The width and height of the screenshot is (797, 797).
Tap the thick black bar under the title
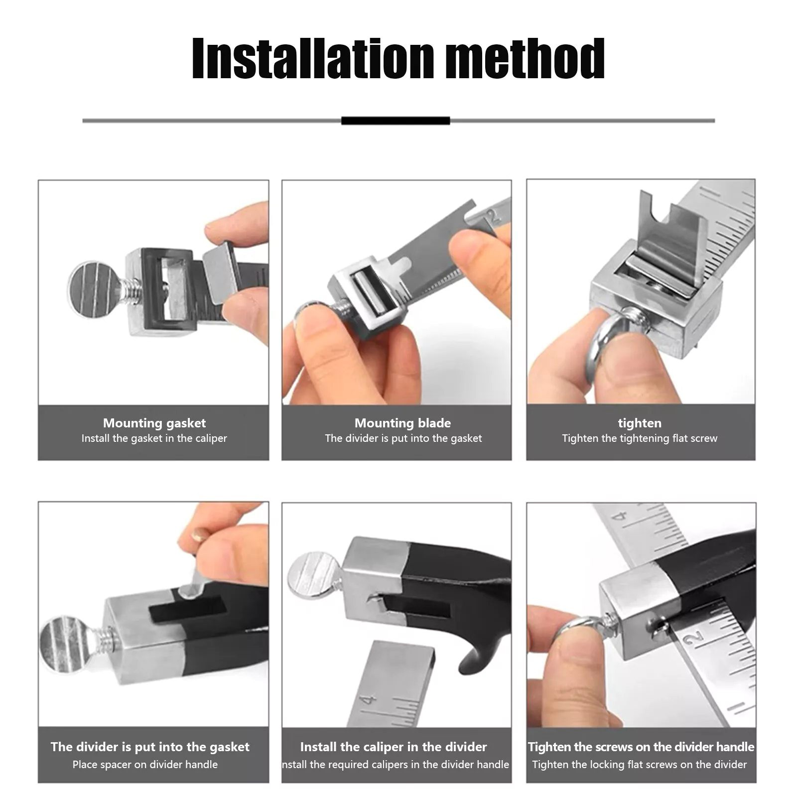click(x=396, y=121)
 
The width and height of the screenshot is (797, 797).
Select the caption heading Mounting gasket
click(x=154, y=423)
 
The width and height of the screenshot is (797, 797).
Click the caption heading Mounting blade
click(x=402, y=423)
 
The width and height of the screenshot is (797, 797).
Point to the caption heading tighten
click(x=640, y=423)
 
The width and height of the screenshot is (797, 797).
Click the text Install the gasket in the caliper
click(x=154, y=438)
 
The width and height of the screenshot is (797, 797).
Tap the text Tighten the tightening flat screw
click(x=640, y=438)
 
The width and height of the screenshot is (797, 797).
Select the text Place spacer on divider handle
click(x=145, y=764)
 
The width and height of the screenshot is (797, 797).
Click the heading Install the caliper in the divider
click(x=393, y=747)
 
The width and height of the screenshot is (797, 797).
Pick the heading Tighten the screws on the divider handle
click(x=641, y=747)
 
